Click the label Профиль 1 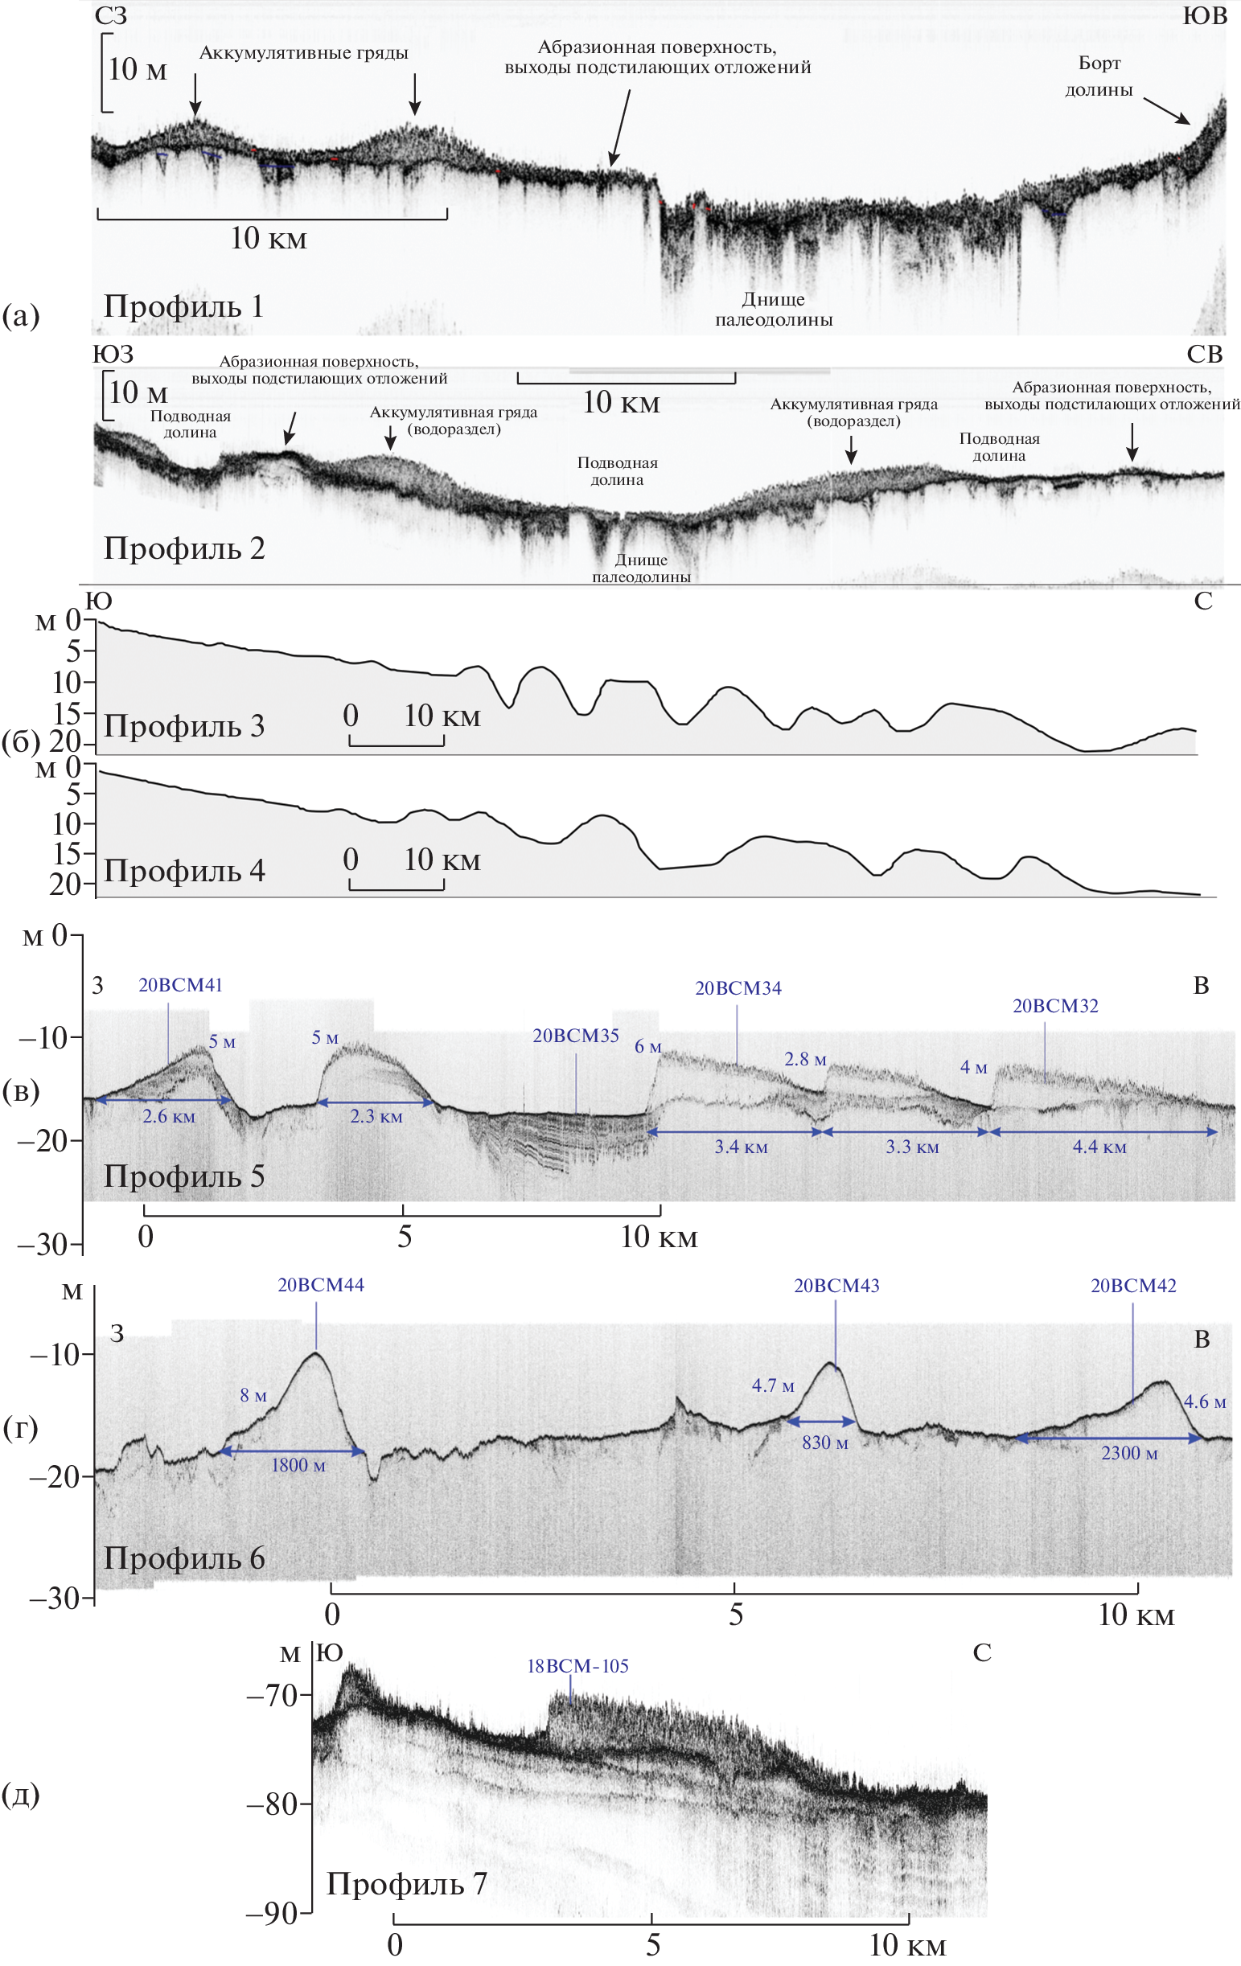tap(183, 307)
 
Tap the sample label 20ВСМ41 tap(179, 986)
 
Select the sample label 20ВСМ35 tap(576, 1036)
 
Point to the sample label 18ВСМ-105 tap(577, 1666)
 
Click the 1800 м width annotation tap(298, 1466)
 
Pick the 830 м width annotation tap(824, 1443)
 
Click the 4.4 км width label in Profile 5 tap(1099, 1147)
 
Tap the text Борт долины tap(1099, 76)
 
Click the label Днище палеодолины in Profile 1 tap(773, 310)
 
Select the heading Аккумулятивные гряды tap(304, 53)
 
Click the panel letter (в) tap(20, 1092)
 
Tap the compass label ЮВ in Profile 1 tap(1204, 15)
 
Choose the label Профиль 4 tap(183, 871)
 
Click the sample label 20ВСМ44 tap(321, 1285)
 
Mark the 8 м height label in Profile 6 tap(253, 1395)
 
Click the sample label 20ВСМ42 tap(1133, 1286)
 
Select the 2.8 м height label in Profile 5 tap(805, 1060)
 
